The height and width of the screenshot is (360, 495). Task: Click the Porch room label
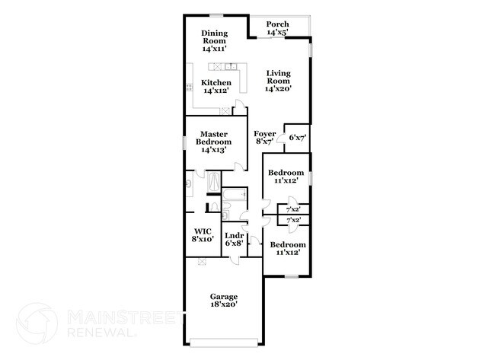277,24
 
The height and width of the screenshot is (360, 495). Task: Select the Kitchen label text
216,83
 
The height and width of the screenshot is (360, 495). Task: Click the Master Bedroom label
213,138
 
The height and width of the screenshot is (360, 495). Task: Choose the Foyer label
265,134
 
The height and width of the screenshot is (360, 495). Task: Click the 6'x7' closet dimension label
297,138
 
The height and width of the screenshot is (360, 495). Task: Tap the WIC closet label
202,231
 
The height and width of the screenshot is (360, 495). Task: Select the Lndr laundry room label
234,235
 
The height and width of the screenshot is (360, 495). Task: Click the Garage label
224,296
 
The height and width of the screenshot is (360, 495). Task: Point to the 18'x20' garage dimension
224,304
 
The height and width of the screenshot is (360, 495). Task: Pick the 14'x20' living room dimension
278,89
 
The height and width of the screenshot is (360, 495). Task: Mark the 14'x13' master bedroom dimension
213,151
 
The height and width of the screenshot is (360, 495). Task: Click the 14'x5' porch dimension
277,33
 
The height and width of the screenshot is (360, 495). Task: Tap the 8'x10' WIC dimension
202,239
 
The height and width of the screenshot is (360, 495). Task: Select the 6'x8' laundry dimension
234,244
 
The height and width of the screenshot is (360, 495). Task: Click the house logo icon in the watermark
37,323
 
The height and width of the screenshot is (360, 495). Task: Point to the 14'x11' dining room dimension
215,49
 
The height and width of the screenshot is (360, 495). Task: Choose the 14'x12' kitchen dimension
216,91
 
